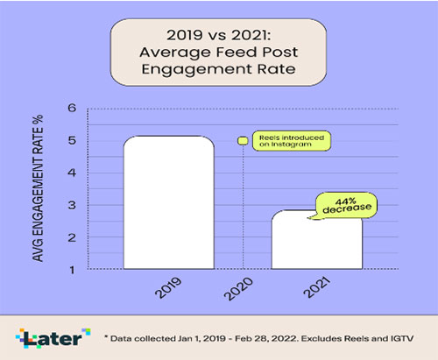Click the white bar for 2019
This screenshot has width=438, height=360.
click(x=169, y=202)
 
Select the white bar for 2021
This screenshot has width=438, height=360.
click(x=317, y=239)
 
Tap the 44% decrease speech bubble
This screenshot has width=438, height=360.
click(x=345, y=206)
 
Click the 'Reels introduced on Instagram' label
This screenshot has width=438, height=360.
click(x=292, y=141)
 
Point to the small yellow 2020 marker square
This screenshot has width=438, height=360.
click(x=243, y=141)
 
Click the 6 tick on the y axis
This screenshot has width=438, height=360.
click(x=72, y=108)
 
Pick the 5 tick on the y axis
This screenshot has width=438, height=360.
click(x=72, y=140)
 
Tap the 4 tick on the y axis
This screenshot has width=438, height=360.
click(x=72, y=173)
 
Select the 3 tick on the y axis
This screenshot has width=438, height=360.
click(x=72, y=205)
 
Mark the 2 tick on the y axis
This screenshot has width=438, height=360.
click(x=72, y=237)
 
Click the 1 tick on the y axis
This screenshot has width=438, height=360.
click(x=72, y=270)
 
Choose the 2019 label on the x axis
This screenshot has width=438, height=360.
click(x=168, y=287)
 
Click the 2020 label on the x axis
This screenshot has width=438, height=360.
click(x=238, y=288)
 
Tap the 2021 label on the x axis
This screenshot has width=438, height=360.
click(x=316, y=287)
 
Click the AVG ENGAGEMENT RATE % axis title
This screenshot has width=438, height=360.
click(x=38, y=188)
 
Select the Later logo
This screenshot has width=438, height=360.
click(x=53, y=338)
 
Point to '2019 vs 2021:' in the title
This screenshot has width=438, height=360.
click(x=219, y=35)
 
